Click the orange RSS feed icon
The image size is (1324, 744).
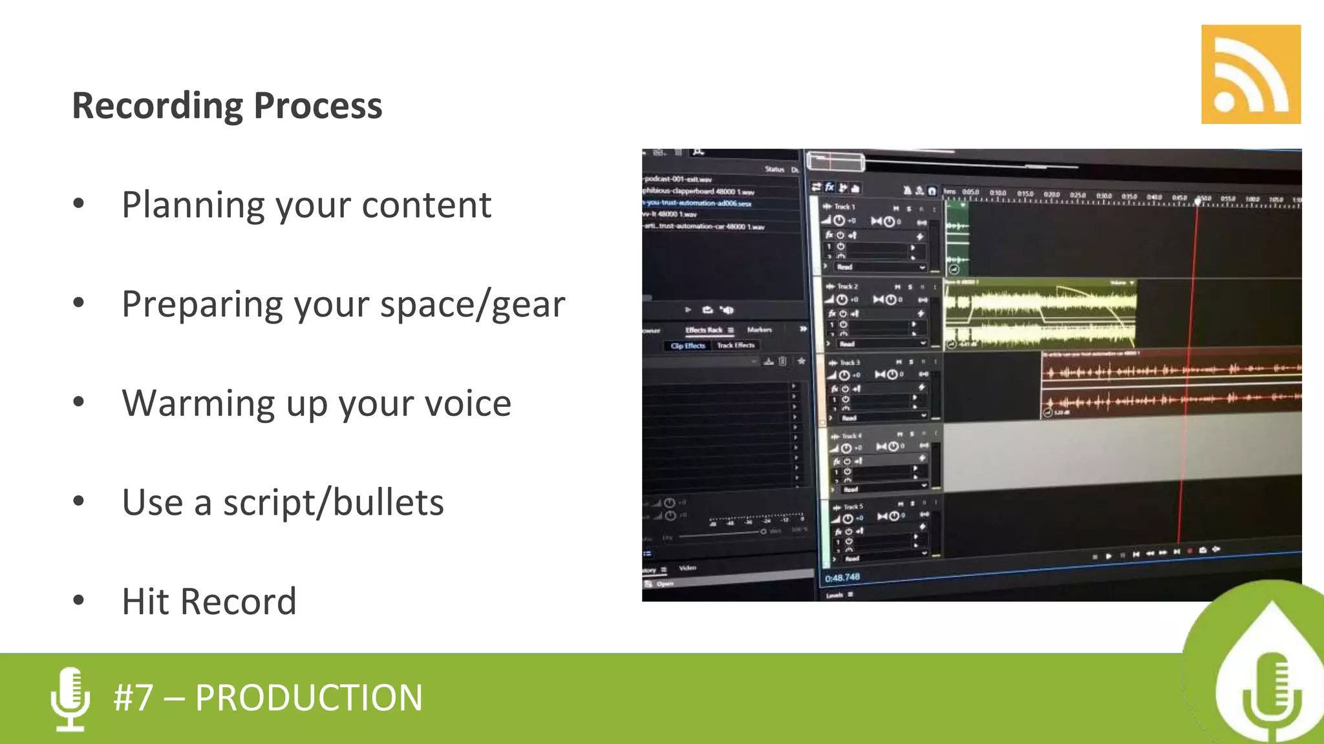(x=1250, y=74)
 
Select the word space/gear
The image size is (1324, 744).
(x=472, y=305)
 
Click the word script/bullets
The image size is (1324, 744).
(x=333, y=503)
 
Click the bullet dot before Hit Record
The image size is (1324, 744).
(x=79, y=601)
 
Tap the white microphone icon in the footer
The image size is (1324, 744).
(x=70, y=699)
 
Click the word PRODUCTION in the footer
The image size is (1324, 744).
(x=308, y=698)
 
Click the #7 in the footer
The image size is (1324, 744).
(x=134, y=698)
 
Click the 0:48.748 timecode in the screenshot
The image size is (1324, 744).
(x=842, y=577)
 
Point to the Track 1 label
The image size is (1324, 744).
(x=844, y=207)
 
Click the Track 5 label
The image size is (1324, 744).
(x=853, y=507)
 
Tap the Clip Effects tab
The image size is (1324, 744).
(x=688, y=346)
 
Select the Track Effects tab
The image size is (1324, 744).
(x=736, y=345)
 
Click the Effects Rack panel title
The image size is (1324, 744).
(x=703, y=330)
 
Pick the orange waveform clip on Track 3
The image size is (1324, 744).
(x=1170, y=385)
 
